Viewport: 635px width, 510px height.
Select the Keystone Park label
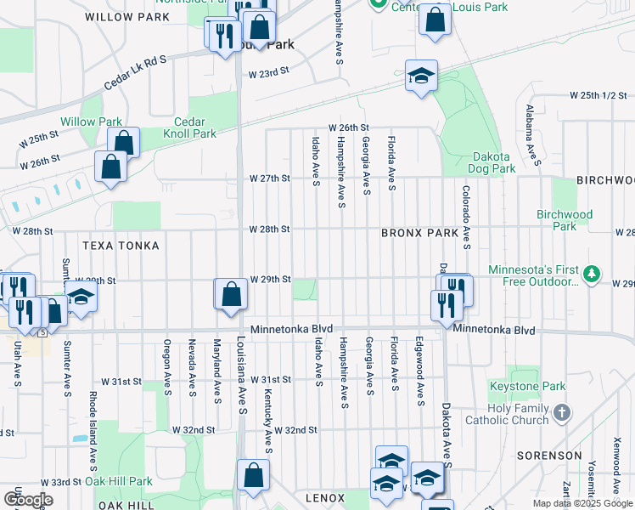pyautogui.click(x=527, y=387)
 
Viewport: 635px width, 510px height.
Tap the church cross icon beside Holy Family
pyautogui.click(x=561, y=413)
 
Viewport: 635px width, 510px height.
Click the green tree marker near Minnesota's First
pyautogui.click(x=593, y=274)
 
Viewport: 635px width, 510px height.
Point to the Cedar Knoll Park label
pyautogui.click(x=194, y=127)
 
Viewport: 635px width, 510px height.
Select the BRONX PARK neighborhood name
pyautogui.click(x=419, y=232)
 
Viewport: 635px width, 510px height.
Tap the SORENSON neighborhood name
pyautogui.click(x=548, y=456)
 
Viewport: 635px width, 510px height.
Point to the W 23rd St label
pyautogui.click(x=269, y=74)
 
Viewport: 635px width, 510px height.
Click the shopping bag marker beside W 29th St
pyautogui.click(x=231, y=295)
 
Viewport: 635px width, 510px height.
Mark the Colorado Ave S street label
pyautogui.click(x=466, y=218)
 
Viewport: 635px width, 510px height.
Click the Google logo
pyautogui.click(x=28, y=499)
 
